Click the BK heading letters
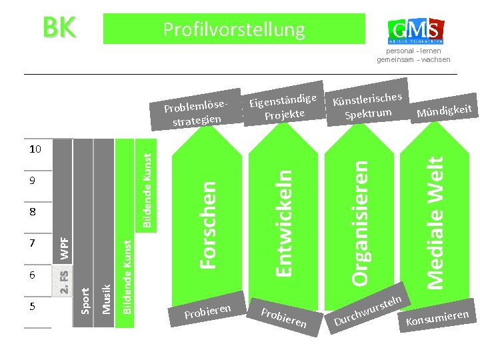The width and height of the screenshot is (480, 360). [59, 28]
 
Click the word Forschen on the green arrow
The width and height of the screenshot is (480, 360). [209, 217]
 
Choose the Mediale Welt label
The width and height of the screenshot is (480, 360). [435, 222]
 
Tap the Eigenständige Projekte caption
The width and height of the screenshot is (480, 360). [282, 107]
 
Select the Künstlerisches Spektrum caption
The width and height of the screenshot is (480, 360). [369, 106]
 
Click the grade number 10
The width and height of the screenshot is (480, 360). [35, 149]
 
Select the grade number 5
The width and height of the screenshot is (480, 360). [32, 306]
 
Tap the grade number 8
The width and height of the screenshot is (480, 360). [32, 212]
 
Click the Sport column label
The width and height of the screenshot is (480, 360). [85, 299]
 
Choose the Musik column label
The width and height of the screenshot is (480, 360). [105, 298]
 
